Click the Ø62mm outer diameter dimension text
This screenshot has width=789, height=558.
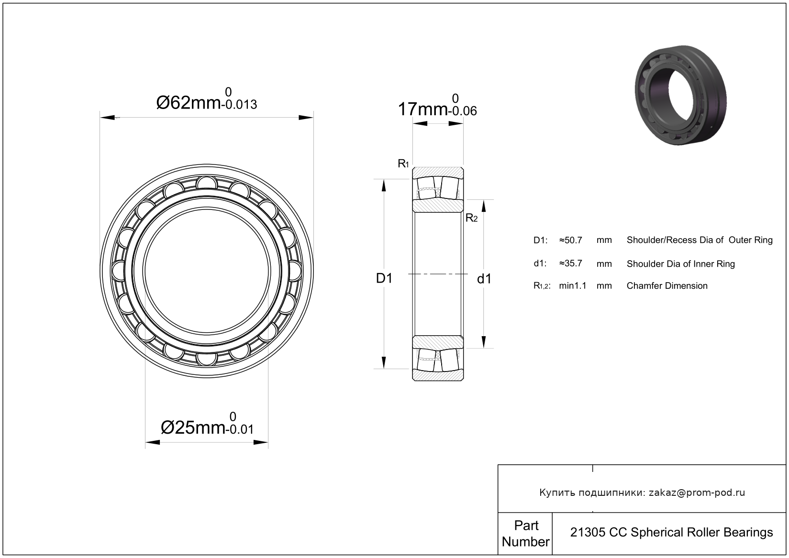point(189,103)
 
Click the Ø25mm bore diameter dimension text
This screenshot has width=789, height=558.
point(193,428)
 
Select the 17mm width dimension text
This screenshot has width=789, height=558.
point(422,109)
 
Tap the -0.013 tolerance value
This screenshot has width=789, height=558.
point(240,105)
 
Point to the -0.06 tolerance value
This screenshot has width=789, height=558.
point(463,111)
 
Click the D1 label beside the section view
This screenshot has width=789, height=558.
point(384,278)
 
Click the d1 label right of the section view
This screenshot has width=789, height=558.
point(484,279)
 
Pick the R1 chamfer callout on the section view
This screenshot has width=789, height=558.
point(403,164)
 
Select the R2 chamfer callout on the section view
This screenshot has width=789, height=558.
point(472,218)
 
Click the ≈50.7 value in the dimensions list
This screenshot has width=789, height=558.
point(571,240)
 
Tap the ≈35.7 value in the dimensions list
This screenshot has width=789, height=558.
point(571,263)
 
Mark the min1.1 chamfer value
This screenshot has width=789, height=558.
point(573,285)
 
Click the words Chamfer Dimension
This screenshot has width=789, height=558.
point(667,285)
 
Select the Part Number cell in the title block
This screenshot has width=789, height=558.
point(526,533)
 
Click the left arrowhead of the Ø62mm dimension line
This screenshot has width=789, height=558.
point(108,117)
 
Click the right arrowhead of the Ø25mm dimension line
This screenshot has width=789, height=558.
point(261,442)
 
